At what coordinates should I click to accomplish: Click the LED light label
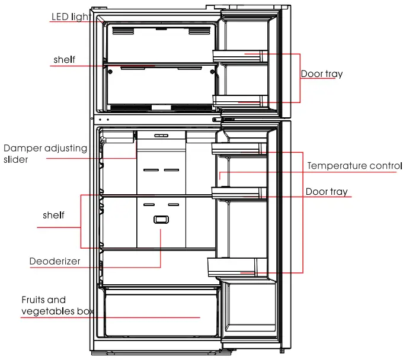coord(71,17)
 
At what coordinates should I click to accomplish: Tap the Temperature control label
coord(354,166)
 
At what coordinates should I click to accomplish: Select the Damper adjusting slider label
coord(45,153)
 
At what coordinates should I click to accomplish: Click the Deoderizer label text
coord(55,261)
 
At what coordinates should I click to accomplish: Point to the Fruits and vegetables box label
coord(57,306)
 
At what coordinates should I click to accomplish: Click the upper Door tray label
coord(322,74)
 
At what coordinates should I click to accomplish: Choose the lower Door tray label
coord(327,192)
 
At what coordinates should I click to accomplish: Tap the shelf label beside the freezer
coord(64,60)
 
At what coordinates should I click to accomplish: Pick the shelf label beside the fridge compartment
coord(53,215)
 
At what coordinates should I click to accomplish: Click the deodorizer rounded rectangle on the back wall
coord(161,220)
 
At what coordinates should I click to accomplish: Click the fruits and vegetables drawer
coord(161,313)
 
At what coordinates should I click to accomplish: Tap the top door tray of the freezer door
coord(240,56)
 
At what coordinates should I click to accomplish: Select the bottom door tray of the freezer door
coord(240,101)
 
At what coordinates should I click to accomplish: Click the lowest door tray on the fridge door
coord(238,268)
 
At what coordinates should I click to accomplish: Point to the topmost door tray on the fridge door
coord(239,149)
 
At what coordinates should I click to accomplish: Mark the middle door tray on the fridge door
coord(239,193)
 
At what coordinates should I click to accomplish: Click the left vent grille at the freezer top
coord(123,31)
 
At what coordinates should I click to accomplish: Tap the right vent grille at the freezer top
coord(199,31)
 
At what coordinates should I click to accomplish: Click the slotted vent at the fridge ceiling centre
coord(161,136)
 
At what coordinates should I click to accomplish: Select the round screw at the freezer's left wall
coord(110,72)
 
